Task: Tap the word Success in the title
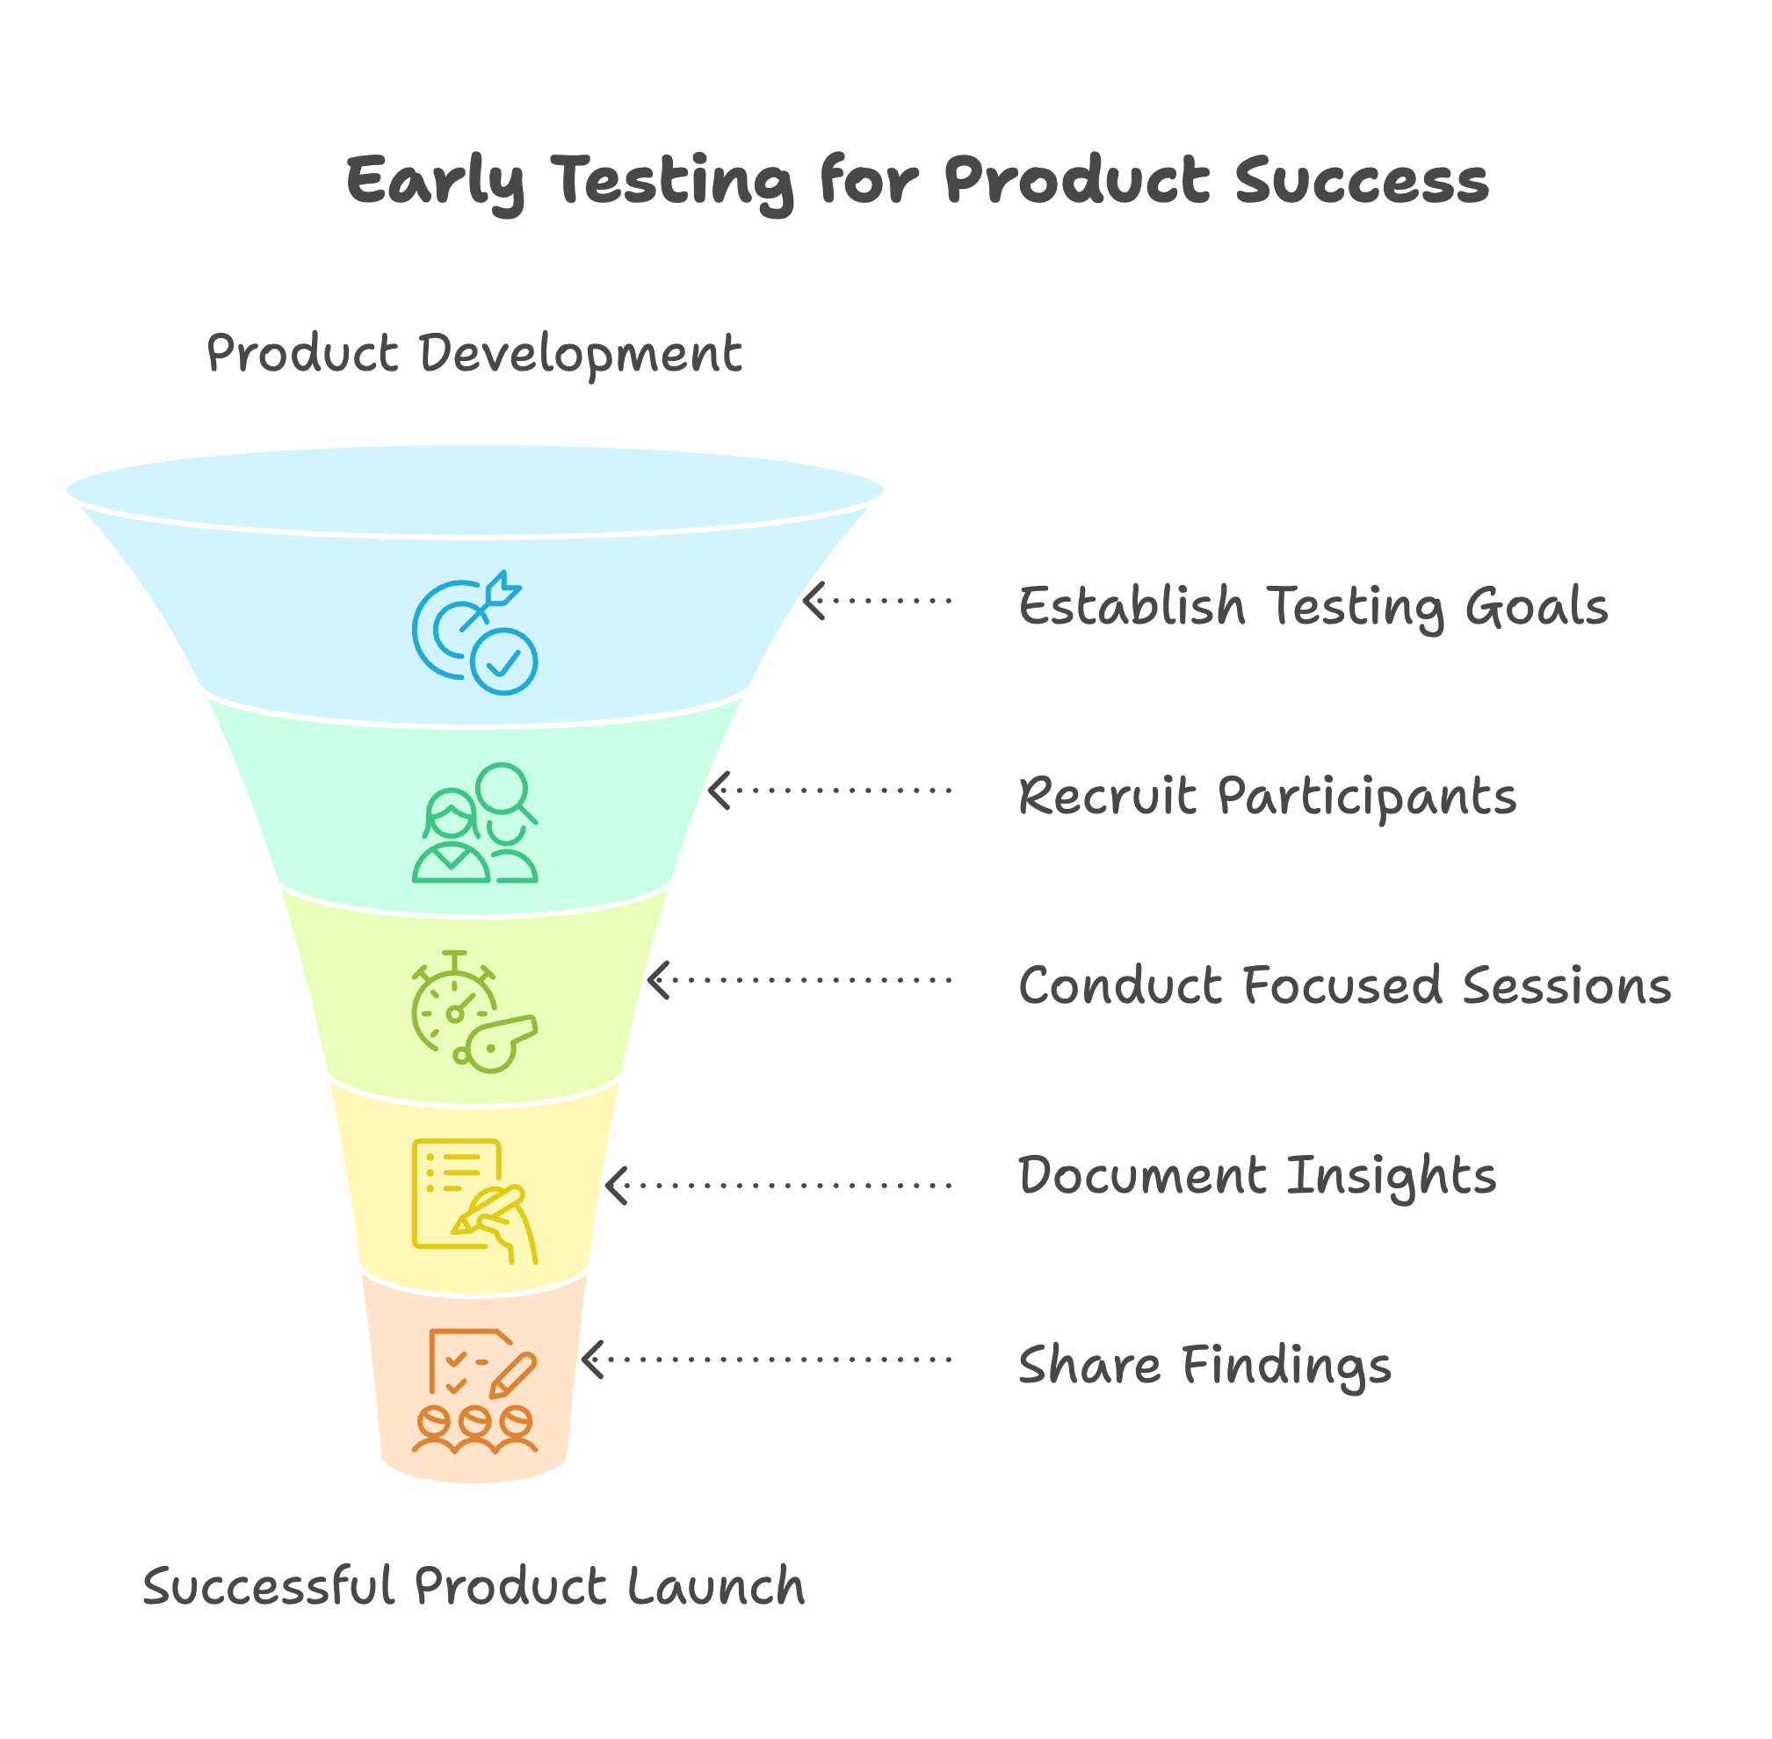(x=1362, y=180)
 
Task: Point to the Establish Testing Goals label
(x=1313, y=608)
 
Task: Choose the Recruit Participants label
(x=1268, y=797)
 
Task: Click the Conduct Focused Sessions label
(x=1344, y=985)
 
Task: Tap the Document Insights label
(x=1258, y=1176)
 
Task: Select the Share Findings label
(x=1204, y=1366)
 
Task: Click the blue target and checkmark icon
(x=474, y=632)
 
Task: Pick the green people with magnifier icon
(x=474, y=822)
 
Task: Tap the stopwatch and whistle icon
(x=474, y=1011)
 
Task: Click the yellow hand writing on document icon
(x=474, y=1201)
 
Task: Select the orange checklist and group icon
(x=474, y=1389)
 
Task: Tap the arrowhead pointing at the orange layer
(x=593, y=1359)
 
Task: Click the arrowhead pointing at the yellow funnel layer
(x=617, y=1186)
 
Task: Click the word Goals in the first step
(x=1537, y=608)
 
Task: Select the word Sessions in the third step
(x=1566, y=985)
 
